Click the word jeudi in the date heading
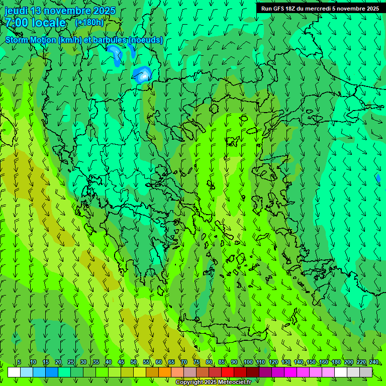(16, 11)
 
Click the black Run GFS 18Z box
(320, 8)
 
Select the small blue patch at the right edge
(378, 178)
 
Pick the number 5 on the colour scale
(19, 362)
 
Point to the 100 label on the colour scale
(248, 362)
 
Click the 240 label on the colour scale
(374, 362)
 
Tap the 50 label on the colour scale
(134, 362)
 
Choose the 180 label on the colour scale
(336, 362)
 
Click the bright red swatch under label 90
(228, 372)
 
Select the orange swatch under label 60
(165, 372)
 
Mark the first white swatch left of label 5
(14, 372)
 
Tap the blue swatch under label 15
(52, 372)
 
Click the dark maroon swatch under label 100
(253, 372)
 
